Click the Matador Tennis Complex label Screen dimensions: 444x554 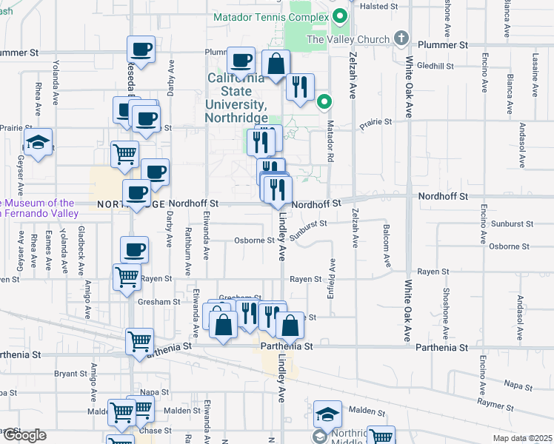270,17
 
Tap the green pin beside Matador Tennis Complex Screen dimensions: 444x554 341,15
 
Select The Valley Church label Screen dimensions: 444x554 347,39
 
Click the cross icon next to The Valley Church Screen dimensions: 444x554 401,37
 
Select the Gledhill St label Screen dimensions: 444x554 430,65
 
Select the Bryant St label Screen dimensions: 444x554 70,374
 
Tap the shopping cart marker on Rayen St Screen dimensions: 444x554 127,277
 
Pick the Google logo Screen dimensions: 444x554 24,435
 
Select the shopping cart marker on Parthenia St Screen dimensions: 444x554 139,342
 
